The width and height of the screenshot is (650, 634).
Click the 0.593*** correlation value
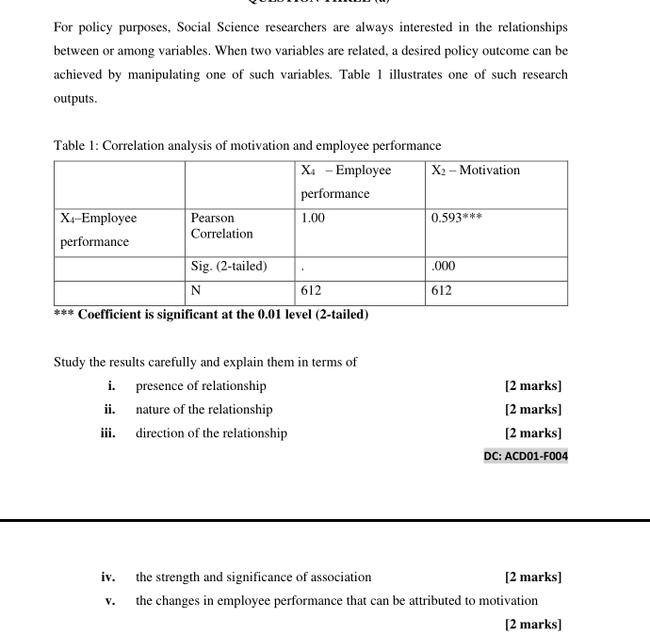(x=457, y=218)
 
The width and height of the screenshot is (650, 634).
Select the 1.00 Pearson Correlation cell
(x=313, y=218)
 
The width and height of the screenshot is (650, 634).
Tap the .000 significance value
(x=443, y=267)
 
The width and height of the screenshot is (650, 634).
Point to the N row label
(x=196, y=291)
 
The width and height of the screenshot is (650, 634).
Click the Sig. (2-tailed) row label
(x=229, y=267)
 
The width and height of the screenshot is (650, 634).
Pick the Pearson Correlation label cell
(x=221, y=226)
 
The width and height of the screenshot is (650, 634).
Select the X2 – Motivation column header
(x=476, y=171)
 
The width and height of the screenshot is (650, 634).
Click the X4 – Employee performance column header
(x=346, y=182)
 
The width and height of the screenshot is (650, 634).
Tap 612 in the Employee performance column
(x=311, y=291)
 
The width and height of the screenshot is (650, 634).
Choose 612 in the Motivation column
(x=442, y=291)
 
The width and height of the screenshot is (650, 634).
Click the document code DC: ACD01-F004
(x=526, y=456)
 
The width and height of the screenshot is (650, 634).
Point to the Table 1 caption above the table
(x=247, y=146)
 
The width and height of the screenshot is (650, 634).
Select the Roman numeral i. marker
(x=112, y=385)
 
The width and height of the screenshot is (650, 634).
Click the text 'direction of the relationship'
(x=211, y=433)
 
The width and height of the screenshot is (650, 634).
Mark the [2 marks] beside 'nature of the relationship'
(x=533, y=409)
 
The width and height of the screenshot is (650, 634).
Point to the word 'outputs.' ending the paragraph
(x=75, y=98)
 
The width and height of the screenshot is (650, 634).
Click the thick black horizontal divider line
(x=325, y=519)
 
